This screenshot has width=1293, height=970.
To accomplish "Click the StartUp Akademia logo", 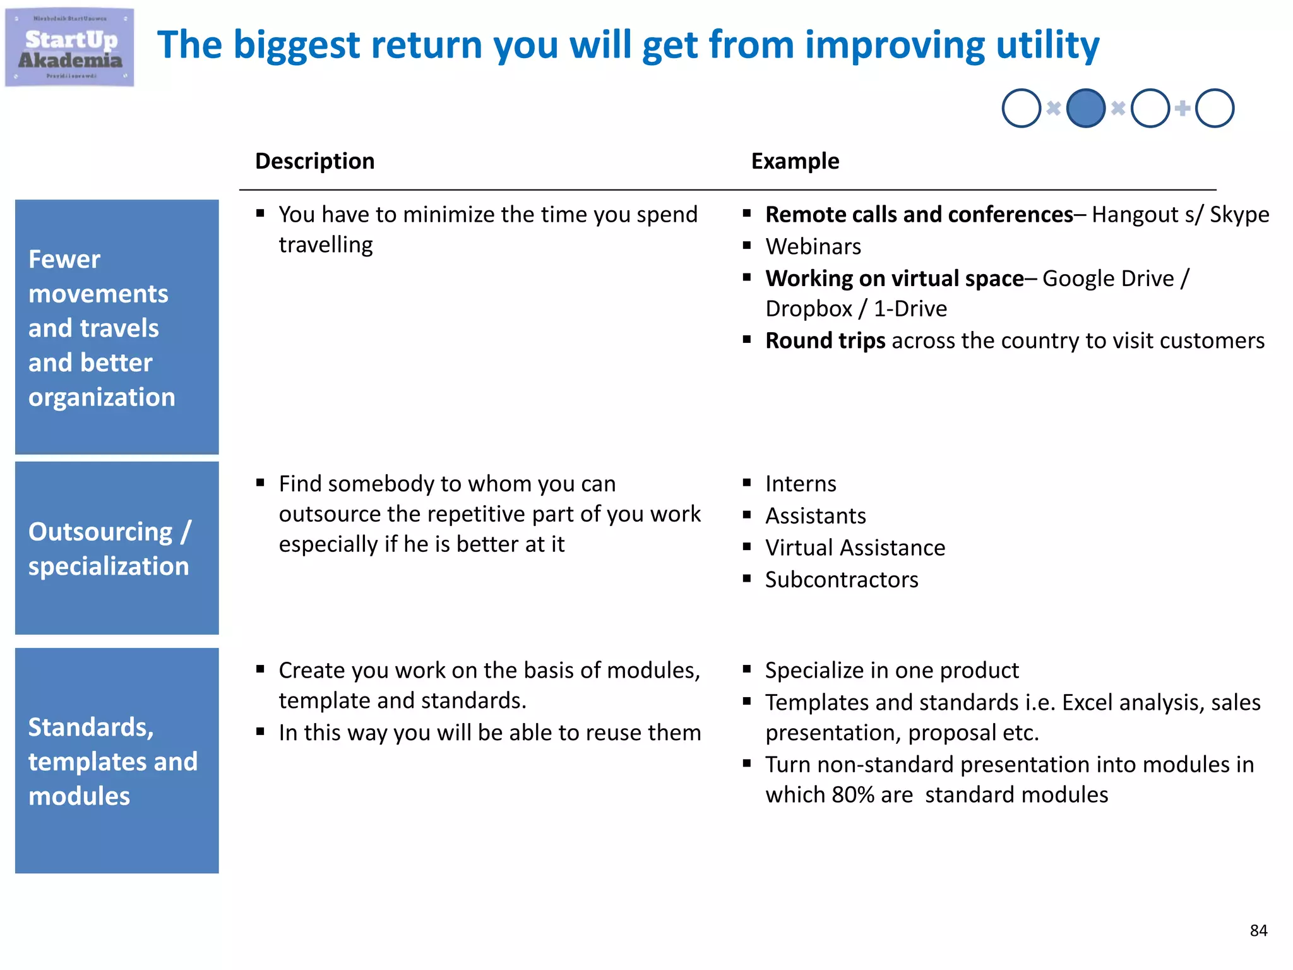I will point(69,47).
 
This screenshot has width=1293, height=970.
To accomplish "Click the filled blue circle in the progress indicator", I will point(1085,108).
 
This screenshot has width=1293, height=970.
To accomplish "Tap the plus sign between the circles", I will point(1182,108).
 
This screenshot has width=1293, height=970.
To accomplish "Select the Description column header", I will point(314,161).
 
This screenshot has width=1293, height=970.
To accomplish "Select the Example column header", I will point(795,161).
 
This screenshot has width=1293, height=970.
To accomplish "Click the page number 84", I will point(1258,930).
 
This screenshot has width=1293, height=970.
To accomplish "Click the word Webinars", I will point(813,246).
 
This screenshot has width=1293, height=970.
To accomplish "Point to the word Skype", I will point(1239,215).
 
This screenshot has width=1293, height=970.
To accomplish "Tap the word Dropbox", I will point(809,309).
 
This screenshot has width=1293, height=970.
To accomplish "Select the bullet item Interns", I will point(801,484).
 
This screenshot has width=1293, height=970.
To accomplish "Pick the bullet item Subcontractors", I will point(842,580).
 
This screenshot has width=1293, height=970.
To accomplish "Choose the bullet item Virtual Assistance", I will point(855,548).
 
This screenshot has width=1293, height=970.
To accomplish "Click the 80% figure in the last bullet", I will point(853,794).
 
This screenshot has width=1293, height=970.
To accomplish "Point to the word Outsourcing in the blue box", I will point(100,532).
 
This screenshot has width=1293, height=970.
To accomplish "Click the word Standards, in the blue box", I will point(91,727).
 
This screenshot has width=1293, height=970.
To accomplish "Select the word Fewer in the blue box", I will point(64,260).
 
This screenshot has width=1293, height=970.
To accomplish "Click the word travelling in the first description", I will point(326,245).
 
